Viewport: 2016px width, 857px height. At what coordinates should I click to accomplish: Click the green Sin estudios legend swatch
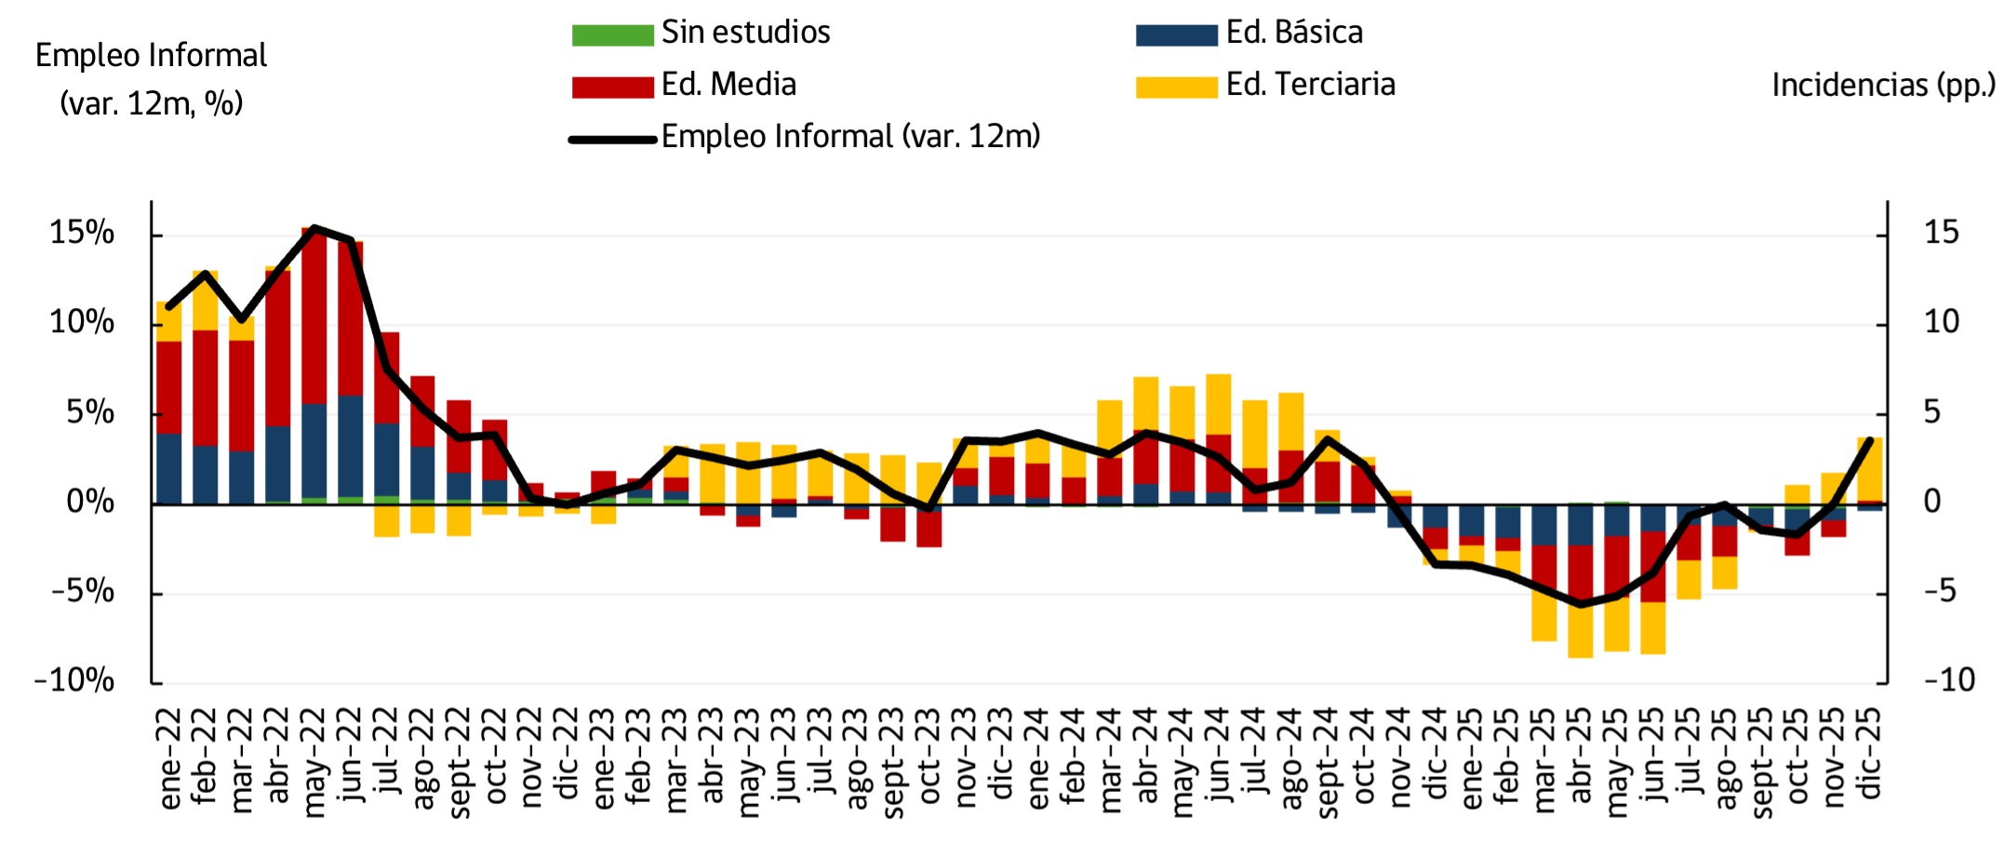pyautogui.click(x=612, y=35)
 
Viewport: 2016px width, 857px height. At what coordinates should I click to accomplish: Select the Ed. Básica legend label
pyautogui.click(x=1293, y=33)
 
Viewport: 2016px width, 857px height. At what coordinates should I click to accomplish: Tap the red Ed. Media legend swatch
pyautogui.click(x=612, y=87)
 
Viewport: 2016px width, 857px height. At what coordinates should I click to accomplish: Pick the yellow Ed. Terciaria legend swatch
pyautogui.click(x=1176, y=87)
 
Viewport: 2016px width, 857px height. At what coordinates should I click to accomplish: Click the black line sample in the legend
pyautogui.click(x=612, y=140)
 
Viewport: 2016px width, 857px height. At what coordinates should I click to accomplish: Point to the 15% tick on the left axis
pyautogui.click(x=82, y=233)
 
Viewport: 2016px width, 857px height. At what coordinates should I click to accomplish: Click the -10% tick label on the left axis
pyautogui.click(x=74, y=680)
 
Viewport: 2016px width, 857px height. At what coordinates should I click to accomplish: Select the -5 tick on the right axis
pyautogui.click(x=1940, y=591)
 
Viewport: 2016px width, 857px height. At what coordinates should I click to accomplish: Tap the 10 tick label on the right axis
pyautogui.click(x=1942, y=322)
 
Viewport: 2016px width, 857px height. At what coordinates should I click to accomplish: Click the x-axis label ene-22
pyautogui.click(x=169, y=758)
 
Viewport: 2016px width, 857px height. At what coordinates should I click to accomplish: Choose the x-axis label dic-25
pyautogui.click(x=1870, y=753)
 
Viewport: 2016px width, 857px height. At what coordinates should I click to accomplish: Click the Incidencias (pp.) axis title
pyautogui.click(x=1883, y=86)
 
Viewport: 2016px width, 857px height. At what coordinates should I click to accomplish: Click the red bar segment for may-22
pyautogui.click(x=314, y=316)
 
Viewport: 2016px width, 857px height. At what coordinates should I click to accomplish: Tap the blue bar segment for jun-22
pyautogui.click(x=351, y=447)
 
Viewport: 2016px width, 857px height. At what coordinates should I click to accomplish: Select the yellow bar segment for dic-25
pyautogui.click(x=1870, y=469)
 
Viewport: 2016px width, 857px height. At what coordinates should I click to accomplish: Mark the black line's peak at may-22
pyautogui.click(x=314, y=227)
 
